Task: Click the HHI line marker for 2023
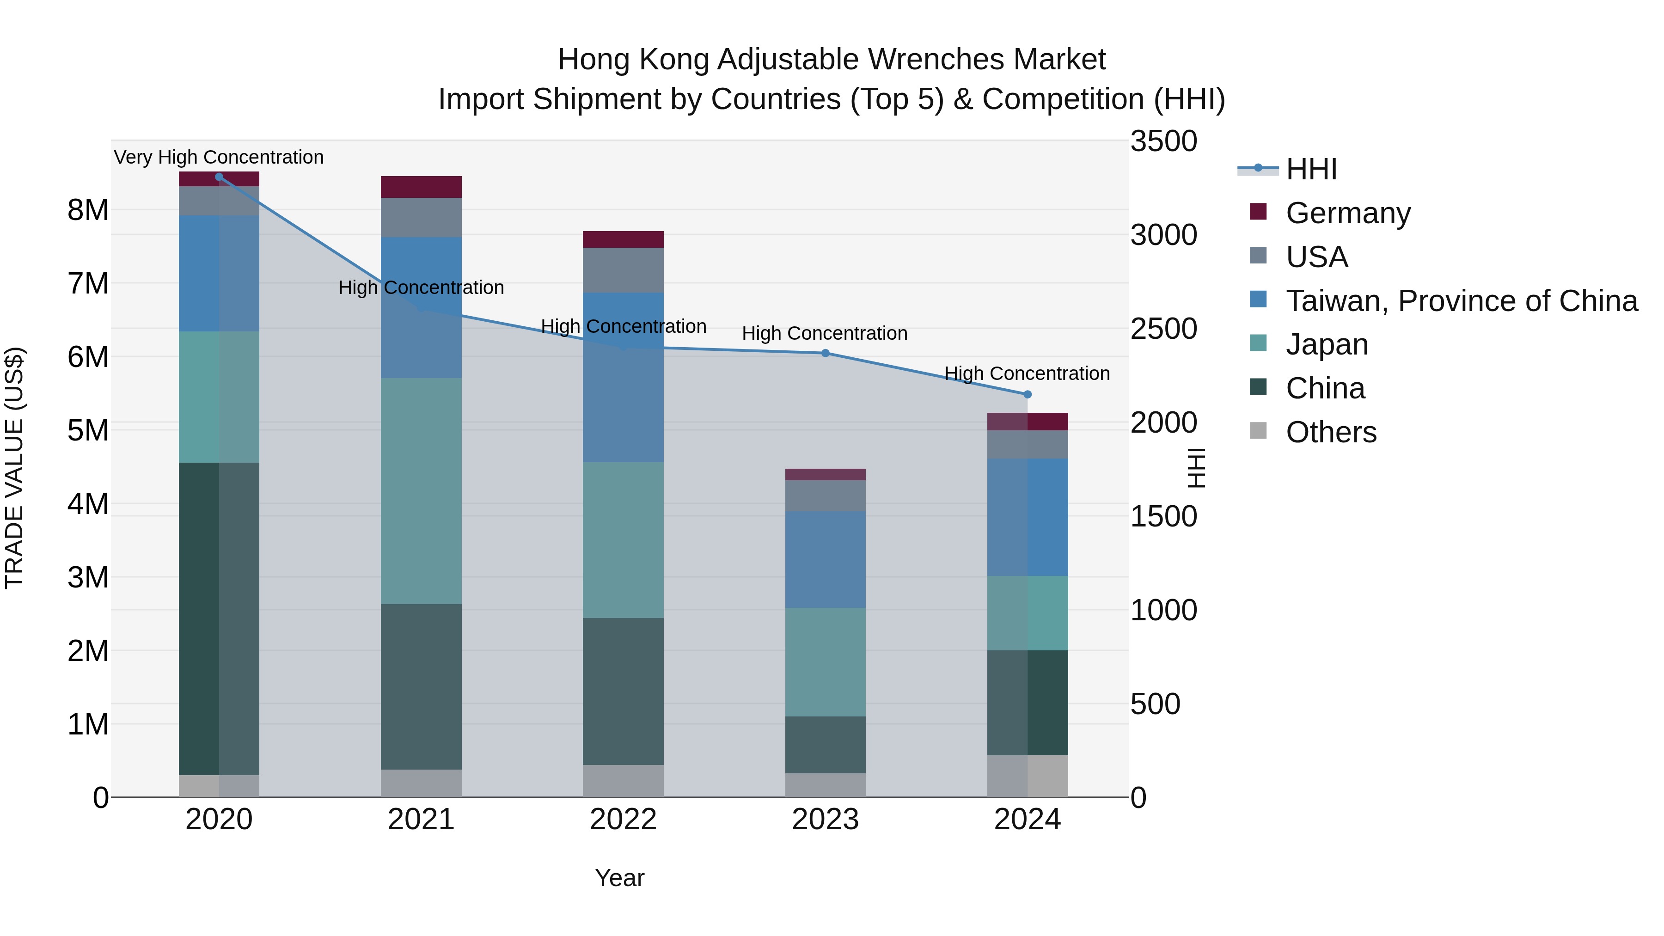point(825,353)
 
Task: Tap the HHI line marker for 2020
point(219,177)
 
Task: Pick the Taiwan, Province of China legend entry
point(1461,301)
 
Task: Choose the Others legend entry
point(1331,432)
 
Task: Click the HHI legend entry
point(1311,169)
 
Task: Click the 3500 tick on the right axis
point(1163,141)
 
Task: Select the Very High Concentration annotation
point(219,158)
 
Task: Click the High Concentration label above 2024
point(1027,373)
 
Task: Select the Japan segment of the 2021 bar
point(421,491)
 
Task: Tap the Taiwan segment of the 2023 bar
point(825,559)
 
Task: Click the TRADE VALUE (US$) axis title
point(15,468)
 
